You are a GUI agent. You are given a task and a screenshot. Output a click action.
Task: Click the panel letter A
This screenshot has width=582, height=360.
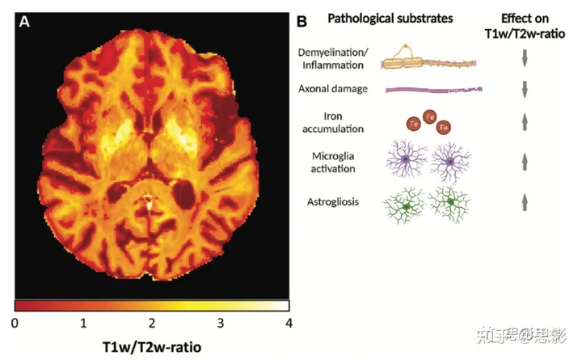click(25, 22)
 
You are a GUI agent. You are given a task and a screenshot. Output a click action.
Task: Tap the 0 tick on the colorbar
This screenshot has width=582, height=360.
click(15, 323)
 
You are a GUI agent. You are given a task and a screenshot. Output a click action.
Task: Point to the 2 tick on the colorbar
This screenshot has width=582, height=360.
click(152, 323)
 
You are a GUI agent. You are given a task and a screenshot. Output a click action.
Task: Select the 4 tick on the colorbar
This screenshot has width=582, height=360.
click(288, 323)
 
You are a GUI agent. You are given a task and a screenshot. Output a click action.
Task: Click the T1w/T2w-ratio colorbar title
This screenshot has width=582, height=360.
click(152, 347)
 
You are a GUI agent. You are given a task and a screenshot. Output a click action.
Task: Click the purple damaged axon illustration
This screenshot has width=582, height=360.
click(433, 89)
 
